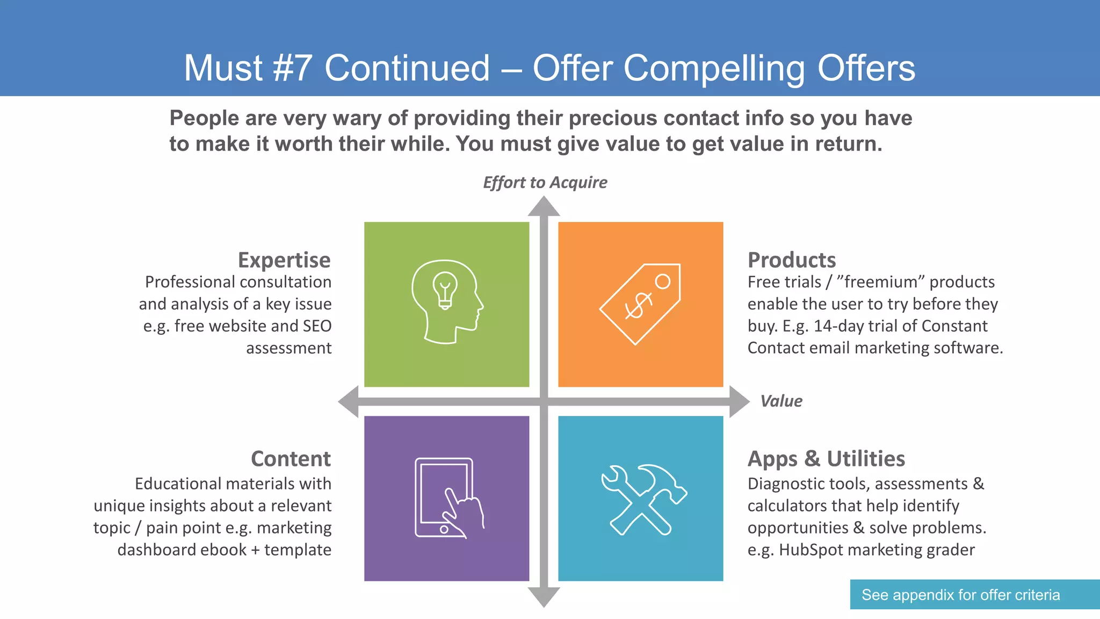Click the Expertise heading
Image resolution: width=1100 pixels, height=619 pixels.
click(284, 260)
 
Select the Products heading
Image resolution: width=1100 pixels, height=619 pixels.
click(792, 260)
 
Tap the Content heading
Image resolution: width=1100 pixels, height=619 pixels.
click(291, 459)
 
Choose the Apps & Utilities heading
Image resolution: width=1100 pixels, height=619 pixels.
click(826, 459)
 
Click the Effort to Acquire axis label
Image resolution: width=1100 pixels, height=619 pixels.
click(545, 183)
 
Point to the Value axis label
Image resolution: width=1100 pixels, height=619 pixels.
click(781, 401)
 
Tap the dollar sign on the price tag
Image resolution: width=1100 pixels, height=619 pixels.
click(638, 306)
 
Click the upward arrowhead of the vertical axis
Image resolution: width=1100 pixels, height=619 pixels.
click(544, 206)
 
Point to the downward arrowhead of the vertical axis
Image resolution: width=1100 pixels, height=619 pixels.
click(544, 597)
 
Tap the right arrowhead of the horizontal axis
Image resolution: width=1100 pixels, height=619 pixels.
click(739, 401)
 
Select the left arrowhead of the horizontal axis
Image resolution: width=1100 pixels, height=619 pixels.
click(349, 401)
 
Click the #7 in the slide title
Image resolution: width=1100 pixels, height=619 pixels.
click(292, 68)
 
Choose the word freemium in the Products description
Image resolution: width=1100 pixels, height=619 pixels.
click(880, 282)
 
